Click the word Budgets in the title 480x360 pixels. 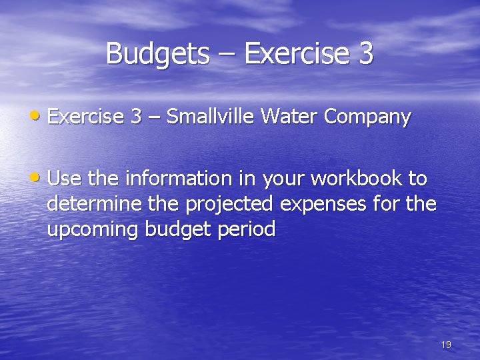pyautogui.click(x=157, y=54)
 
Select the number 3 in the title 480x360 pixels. pyautogui.click(x=365, y=54)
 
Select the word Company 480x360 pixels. pyautogui.click(x=367, y=118)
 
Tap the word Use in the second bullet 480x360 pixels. pyautogui.click(x=64, y=178)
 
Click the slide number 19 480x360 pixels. pyautogui.click(x=446, y=345)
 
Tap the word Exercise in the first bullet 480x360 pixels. pyautogui.click(x=86, y=117)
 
